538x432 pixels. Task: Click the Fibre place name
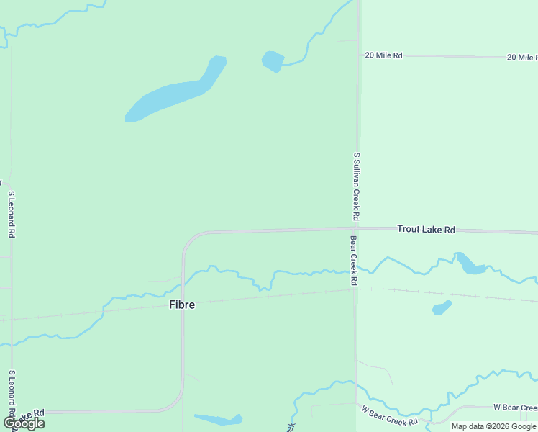point(181,305)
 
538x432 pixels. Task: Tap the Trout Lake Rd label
point(426,230)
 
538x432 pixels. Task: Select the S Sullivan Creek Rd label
point(356,186)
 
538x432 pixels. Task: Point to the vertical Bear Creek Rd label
point(354,261)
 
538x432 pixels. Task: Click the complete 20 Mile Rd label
point(383,55)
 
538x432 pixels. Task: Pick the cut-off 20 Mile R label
point(522,57)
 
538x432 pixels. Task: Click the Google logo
point(24,423)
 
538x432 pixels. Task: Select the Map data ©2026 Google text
point(494,426)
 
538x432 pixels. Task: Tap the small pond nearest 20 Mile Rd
point(273,61)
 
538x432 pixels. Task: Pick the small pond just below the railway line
point(442,307)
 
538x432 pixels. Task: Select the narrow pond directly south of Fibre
point(218,419)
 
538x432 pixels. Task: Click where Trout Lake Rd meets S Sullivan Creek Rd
point(357,229)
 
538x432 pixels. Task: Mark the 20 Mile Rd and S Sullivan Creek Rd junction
point(358,55)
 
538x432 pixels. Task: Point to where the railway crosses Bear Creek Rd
point(355,290)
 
